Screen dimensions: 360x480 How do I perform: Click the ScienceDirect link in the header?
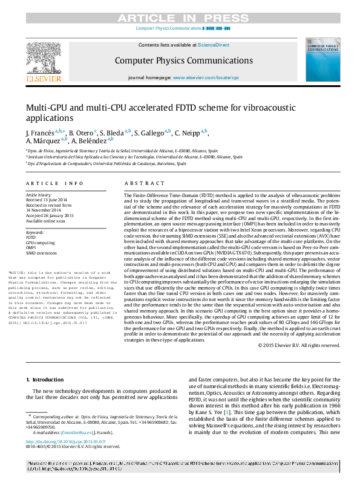(x=215, y=45)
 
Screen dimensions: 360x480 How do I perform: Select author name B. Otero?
(x=82, y=132)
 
